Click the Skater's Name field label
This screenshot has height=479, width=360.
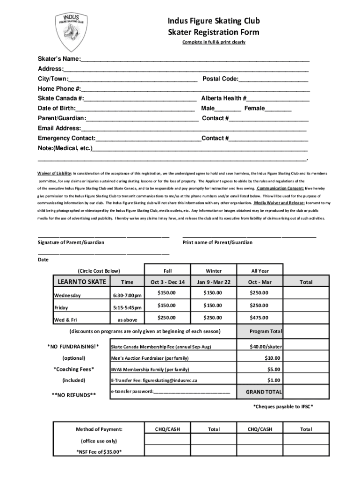[59, 59]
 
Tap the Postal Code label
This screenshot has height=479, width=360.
[220, 79]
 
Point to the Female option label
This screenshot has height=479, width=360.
[251, 108]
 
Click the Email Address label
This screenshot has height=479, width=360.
[59, 128]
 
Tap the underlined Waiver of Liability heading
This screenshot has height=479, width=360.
[55, 173]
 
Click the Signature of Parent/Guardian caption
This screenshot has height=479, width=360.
[71, 242]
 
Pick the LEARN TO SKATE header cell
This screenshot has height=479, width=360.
[82, 282]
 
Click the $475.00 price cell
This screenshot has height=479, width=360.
[259, 318]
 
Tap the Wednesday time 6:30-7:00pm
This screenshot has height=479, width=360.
[127, 295]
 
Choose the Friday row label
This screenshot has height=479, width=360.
[61, 308]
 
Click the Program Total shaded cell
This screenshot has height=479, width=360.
[266, 331]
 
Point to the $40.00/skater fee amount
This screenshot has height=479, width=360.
[266, 347]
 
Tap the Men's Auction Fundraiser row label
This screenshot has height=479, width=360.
[150, 358]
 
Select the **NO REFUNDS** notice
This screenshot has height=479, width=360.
[74, 395]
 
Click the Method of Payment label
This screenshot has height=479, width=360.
[99, 429]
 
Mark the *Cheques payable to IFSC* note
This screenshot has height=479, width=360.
[283, 406]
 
